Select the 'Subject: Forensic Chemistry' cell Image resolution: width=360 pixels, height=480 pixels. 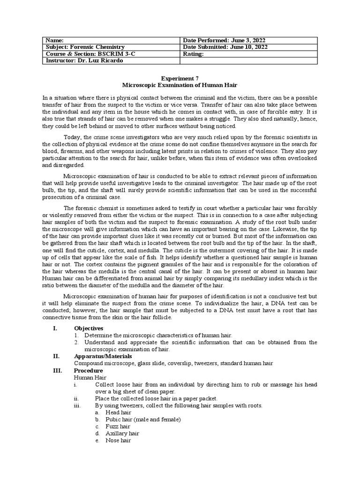click(x=85, y=47)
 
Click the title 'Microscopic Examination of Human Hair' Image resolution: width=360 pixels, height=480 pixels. click(x=180, y=86)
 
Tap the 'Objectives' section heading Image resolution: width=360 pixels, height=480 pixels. click(x=89, y=328)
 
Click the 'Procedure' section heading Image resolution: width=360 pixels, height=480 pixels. click(x=89, y=370)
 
